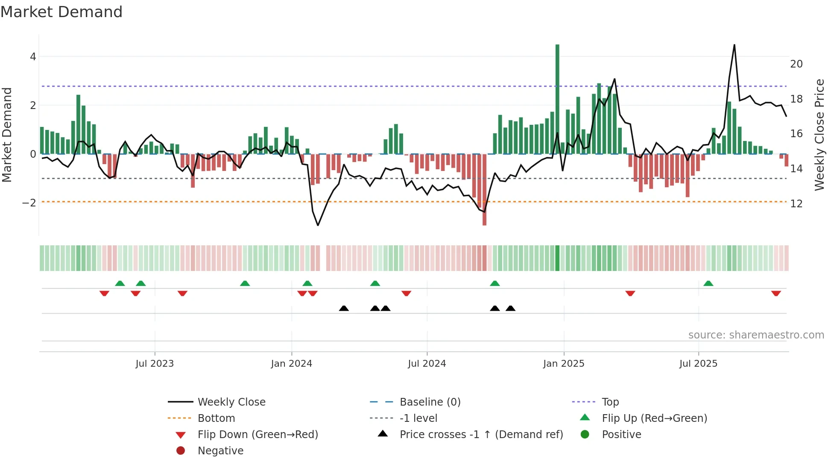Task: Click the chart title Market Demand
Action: click(x=61, y=12)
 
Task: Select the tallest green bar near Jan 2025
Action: click(x=557, y=98)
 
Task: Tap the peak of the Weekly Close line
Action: click(x=734, y=45)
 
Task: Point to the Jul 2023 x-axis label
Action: click(x=155, y=364)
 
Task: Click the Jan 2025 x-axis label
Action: click(x=564, y=364)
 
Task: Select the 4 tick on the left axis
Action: click(x=33, y=57)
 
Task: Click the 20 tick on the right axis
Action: click(x=796, y=64)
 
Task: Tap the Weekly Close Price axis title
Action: click(x=819, y=135)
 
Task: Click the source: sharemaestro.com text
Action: click(x=756, y=335)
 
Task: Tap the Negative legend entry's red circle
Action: click(x=181, y=451)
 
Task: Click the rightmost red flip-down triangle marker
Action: click(x=776, y=293)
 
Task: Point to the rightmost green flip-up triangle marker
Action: click(x=708, y=283)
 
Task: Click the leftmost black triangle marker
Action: click(x=344, y=308)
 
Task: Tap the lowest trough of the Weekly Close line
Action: click(x=318, y=225)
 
